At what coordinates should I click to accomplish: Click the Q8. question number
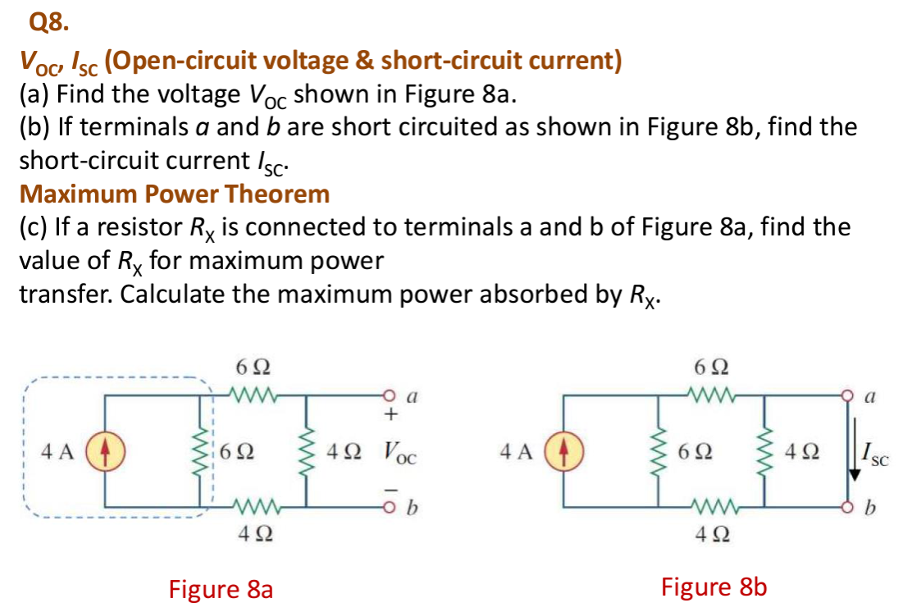[x=47, y=22]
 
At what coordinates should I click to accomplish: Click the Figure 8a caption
[x=220, y=589]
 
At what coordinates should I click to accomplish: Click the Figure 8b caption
[x=714, y=587]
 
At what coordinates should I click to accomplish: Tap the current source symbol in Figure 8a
[x=104, y=450]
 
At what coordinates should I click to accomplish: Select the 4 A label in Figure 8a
[x=57, y=451]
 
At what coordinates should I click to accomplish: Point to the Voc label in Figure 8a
[x=399, y=452]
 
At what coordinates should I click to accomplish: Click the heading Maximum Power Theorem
[x=175, y=194]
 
